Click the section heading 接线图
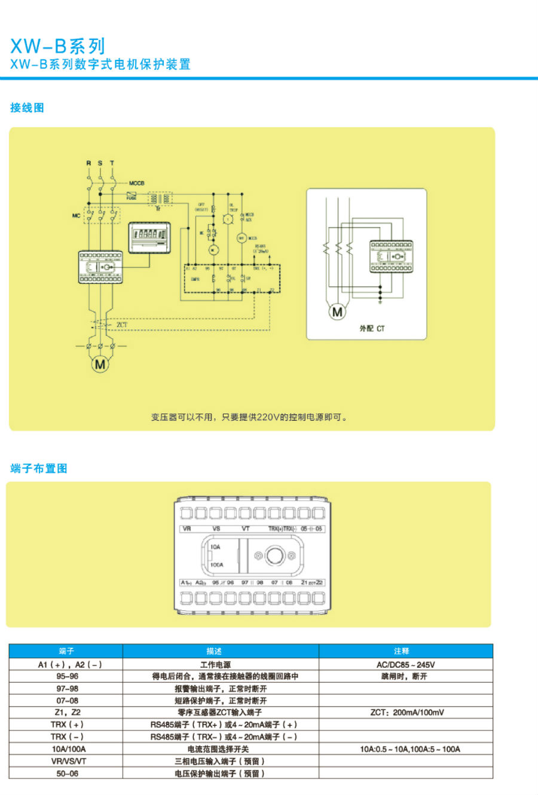[27, 108]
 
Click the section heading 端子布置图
[39, 469]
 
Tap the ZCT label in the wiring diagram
[122, 325]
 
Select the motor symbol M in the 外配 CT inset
[337, 311]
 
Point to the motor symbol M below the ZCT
[100, 364]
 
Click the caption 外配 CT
[372, 329]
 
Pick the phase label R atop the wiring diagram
[88, 163]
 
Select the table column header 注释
[402, 651]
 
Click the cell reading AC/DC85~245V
[405, 665]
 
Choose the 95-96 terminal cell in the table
[67, 677]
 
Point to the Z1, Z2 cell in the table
[67, 713]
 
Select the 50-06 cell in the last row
[67, 773]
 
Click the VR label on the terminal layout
[187, 529]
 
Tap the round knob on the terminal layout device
[275, 556]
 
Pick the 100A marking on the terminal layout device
[216, 565]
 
